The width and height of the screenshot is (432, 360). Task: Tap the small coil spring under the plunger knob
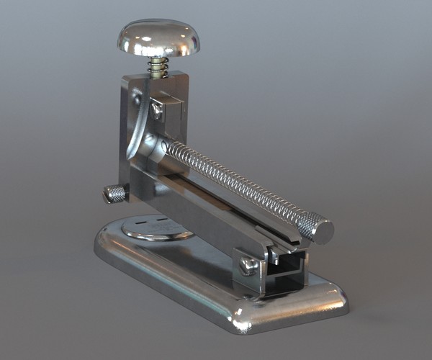point(159,68)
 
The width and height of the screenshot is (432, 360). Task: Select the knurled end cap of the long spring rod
point(316,228)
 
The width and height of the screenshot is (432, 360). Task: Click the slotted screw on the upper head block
point(156,109)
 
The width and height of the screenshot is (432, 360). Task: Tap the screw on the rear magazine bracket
point(248,266)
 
